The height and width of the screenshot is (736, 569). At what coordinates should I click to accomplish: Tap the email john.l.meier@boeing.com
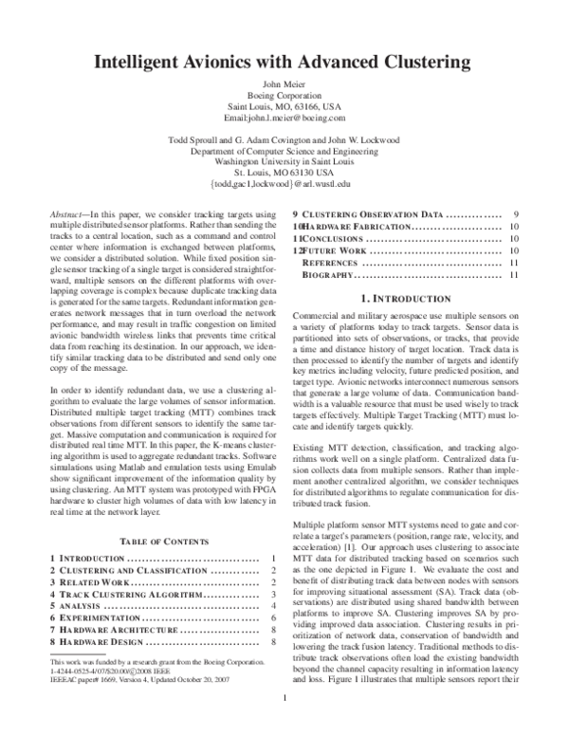click(x=284, y=118)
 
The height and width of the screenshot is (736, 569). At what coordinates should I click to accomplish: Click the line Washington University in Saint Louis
click(x=284, y=162)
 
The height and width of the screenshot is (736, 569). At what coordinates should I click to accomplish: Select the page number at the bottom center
click(x=284, y=726)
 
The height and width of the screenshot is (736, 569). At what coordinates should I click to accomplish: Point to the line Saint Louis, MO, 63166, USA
click(x=284, y=106)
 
